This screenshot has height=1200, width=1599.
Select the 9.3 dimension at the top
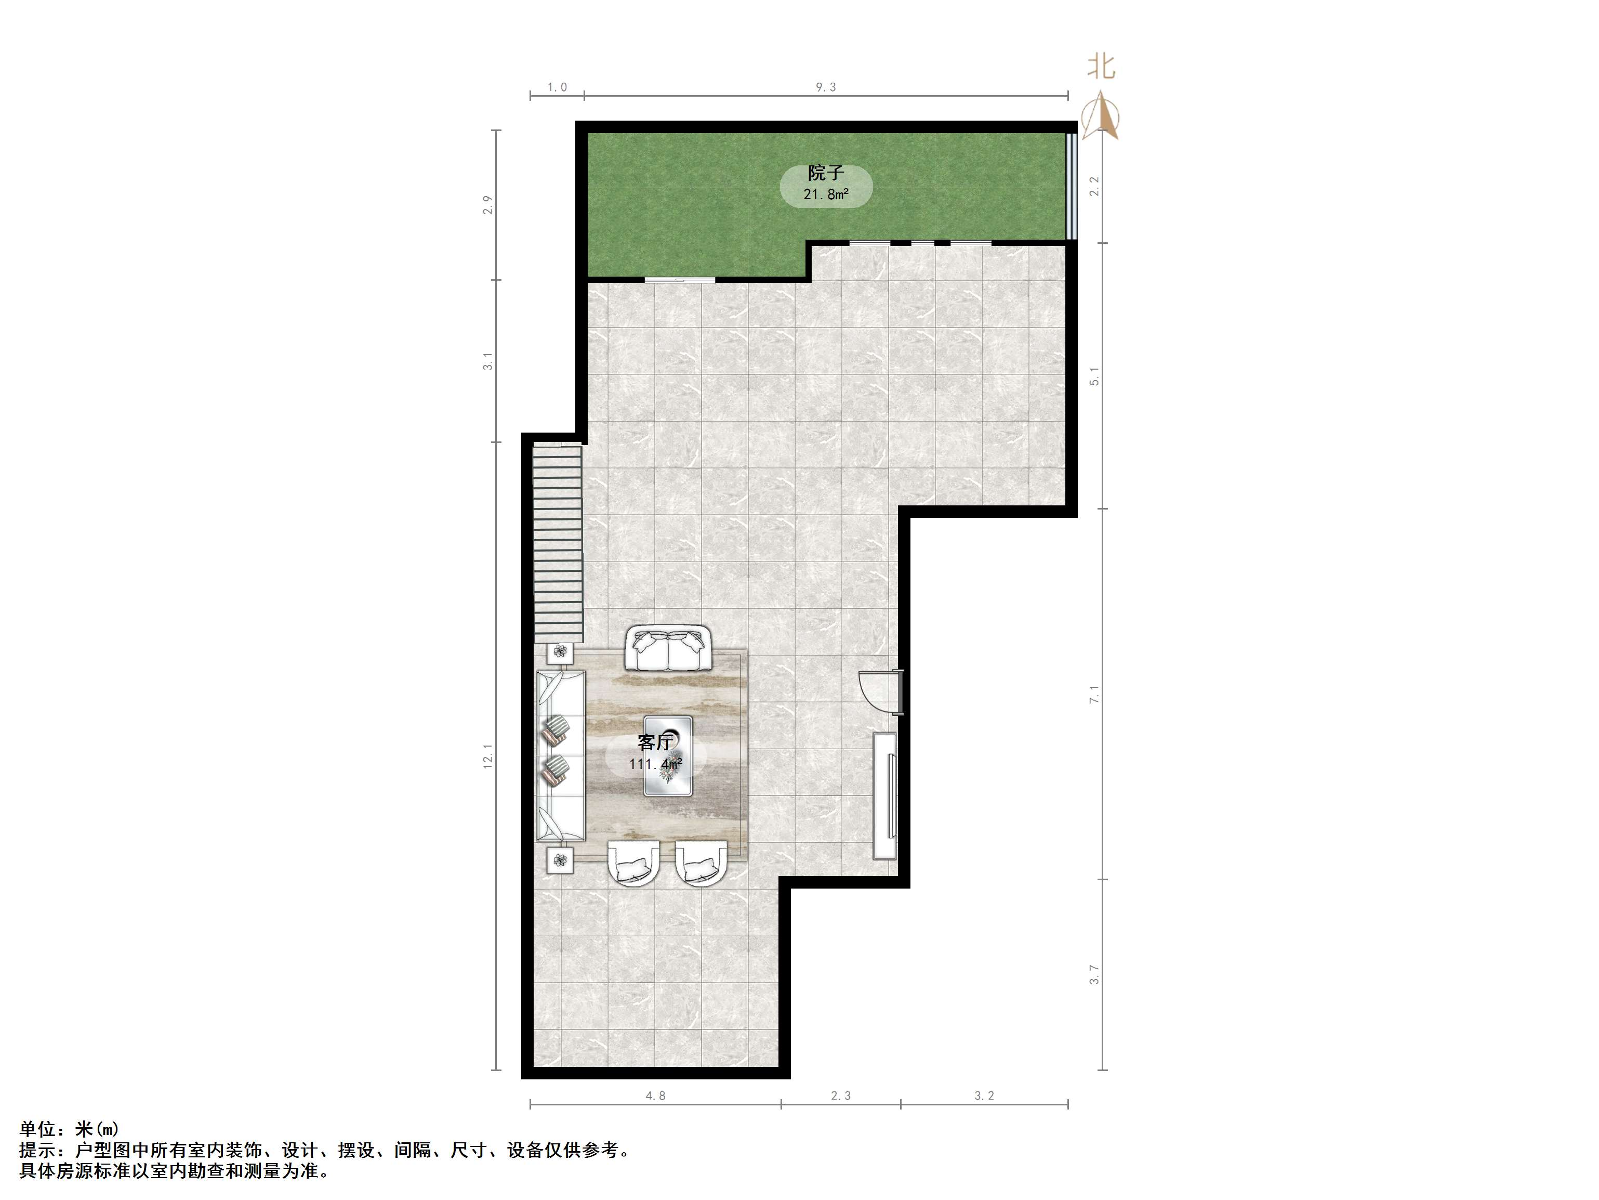[x=826, y=87]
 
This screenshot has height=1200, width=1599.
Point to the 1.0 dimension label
[x=557, y=87]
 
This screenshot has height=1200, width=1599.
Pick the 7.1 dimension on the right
[x=1094, y=694]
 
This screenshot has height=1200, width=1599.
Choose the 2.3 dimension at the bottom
[x=841, y=1096]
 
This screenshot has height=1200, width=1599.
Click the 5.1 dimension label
[x=1094, y=376]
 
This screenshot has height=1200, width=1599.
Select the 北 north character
[x=1102, y=67]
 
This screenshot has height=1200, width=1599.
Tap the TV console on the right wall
[x=885, y=795]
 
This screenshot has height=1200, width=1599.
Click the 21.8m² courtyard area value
[x=826, y=194]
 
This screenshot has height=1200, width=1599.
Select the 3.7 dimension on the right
[x=1094, y=974]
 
